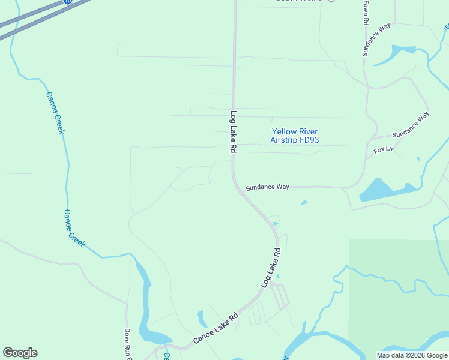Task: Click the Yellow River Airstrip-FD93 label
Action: point(294,136)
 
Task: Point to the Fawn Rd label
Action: point(365,13)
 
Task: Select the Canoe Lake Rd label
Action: point(215,329)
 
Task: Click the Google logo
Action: point(20,353)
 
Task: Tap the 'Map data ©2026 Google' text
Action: point(412,355)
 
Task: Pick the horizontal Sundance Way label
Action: point(267,187)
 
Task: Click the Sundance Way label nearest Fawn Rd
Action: point(376,40)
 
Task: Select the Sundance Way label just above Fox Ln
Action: point(411,125)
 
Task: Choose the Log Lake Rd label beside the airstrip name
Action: point(233,131)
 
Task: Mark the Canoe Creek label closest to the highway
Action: point(55,112)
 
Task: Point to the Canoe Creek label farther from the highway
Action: point(74,229)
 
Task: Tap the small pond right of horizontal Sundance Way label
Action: point(304,202)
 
